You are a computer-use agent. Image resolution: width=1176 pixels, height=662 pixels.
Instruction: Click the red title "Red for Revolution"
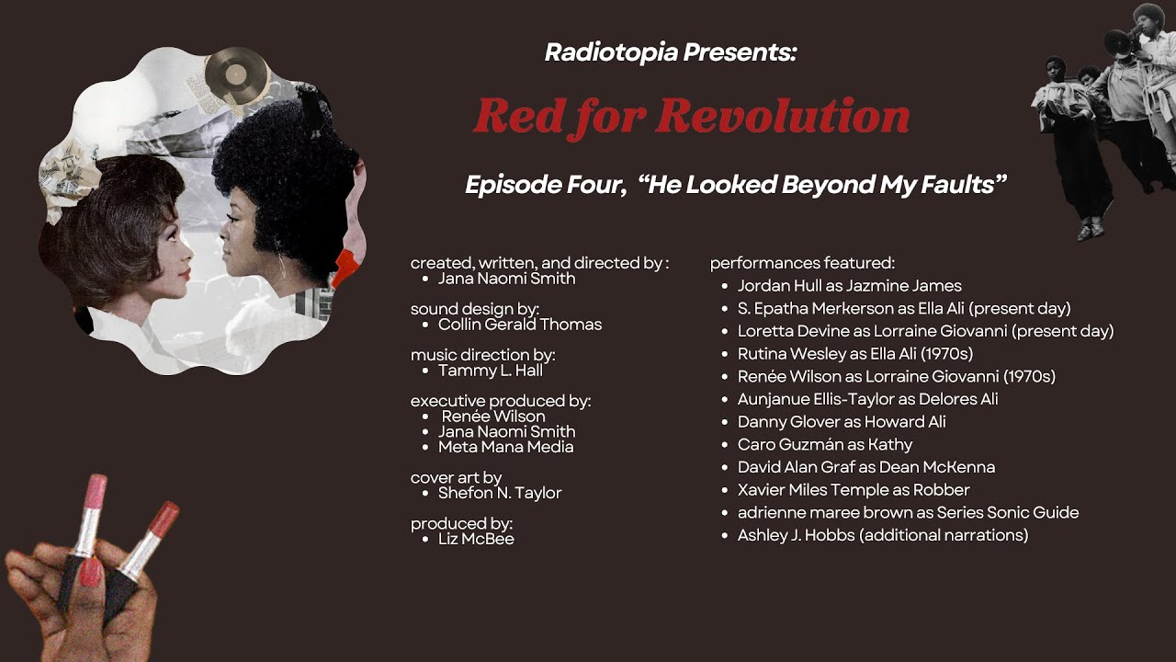tap(691, 117)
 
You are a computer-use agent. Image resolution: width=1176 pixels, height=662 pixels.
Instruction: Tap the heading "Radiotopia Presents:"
tap(670, 52)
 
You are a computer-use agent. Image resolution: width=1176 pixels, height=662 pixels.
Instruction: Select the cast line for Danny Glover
tap(842, 422)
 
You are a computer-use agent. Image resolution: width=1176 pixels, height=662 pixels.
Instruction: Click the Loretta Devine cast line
tap(925, 331)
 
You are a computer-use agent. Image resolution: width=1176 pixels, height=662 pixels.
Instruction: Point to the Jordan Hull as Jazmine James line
tap(849, 286)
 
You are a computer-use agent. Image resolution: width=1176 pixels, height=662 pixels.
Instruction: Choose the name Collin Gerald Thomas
tap(519, 325)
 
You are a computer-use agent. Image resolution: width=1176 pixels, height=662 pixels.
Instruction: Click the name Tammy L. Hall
tap(490, 371)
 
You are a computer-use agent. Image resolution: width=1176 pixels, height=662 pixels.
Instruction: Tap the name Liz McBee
tap(475, 539)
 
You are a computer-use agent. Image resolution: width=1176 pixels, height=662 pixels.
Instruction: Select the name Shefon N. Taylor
tap(499, 493)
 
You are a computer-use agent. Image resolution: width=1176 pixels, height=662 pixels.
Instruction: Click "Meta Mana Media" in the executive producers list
tap(505, 447)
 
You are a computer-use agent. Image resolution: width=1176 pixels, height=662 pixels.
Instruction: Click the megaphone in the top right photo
tap(1118, 41)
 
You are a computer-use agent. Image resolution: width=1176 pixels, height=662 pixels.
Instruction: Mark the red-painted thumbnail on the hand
tap(91, 573)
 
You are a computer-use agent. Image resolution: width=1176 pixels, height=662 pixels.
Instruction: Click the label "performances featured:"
tap(801, 264)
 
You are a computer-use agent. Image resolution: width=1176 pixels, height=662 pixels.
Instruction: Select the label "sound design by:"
tap(474, 309)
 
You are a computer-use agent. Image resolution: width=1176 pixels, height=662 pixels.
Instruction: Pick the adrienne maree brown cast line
tap(908, 512)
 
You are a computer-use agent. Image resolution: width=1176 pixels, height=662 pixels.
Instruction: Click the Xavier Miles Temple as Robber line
tap(854, 490)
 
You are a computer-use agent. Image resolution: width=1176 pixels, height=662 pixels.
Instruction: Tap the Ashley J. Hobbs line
tap(882, 535)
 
